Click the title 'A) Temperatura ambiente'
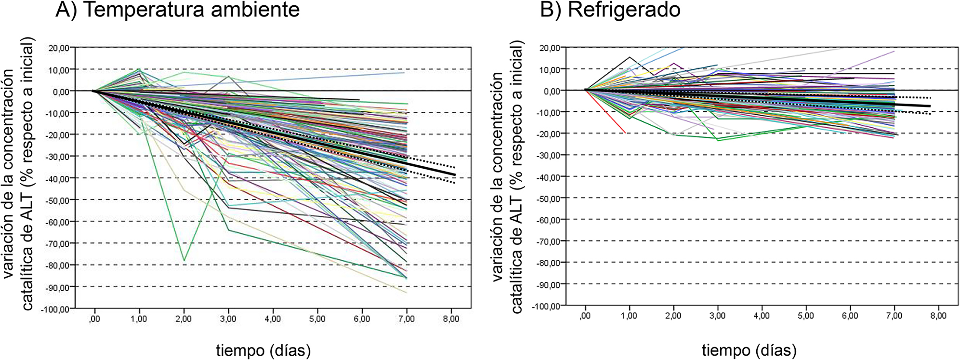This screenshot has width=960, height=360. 177,10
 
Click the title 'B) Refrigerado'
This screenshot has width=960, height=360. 610,10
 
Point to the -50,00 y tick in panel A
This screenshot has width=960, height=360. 58,200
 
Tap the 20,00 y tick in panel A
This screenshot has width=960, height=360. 58,48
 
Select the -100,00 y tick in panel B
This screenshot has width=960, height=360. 546,306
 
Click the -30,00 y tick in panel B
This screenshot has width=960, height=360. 549,155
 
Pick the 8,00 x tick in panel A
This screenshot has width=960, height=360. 451,319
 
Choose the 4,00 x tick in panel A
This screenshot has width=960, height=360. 273,319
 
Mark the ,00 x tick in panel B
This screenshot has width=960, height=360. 585,316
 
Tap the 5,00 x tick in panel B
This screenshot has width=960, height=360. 805,316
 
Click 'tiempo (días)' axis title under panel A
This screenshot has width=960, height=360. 263,350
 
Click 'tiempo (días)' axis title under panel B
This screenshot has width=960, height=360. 749,350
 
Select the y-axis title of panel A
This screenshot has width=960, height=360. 19,173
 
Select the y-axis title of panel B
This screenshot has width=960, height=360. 508,176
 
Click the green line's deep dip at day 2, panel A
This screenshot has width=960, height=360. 184,261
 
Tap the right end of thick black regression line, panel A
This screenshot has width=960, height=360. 455,175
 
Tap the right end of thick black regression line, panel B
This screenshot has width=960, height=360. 930,106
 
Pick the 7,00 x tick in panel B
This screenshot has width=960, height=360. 894,316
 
